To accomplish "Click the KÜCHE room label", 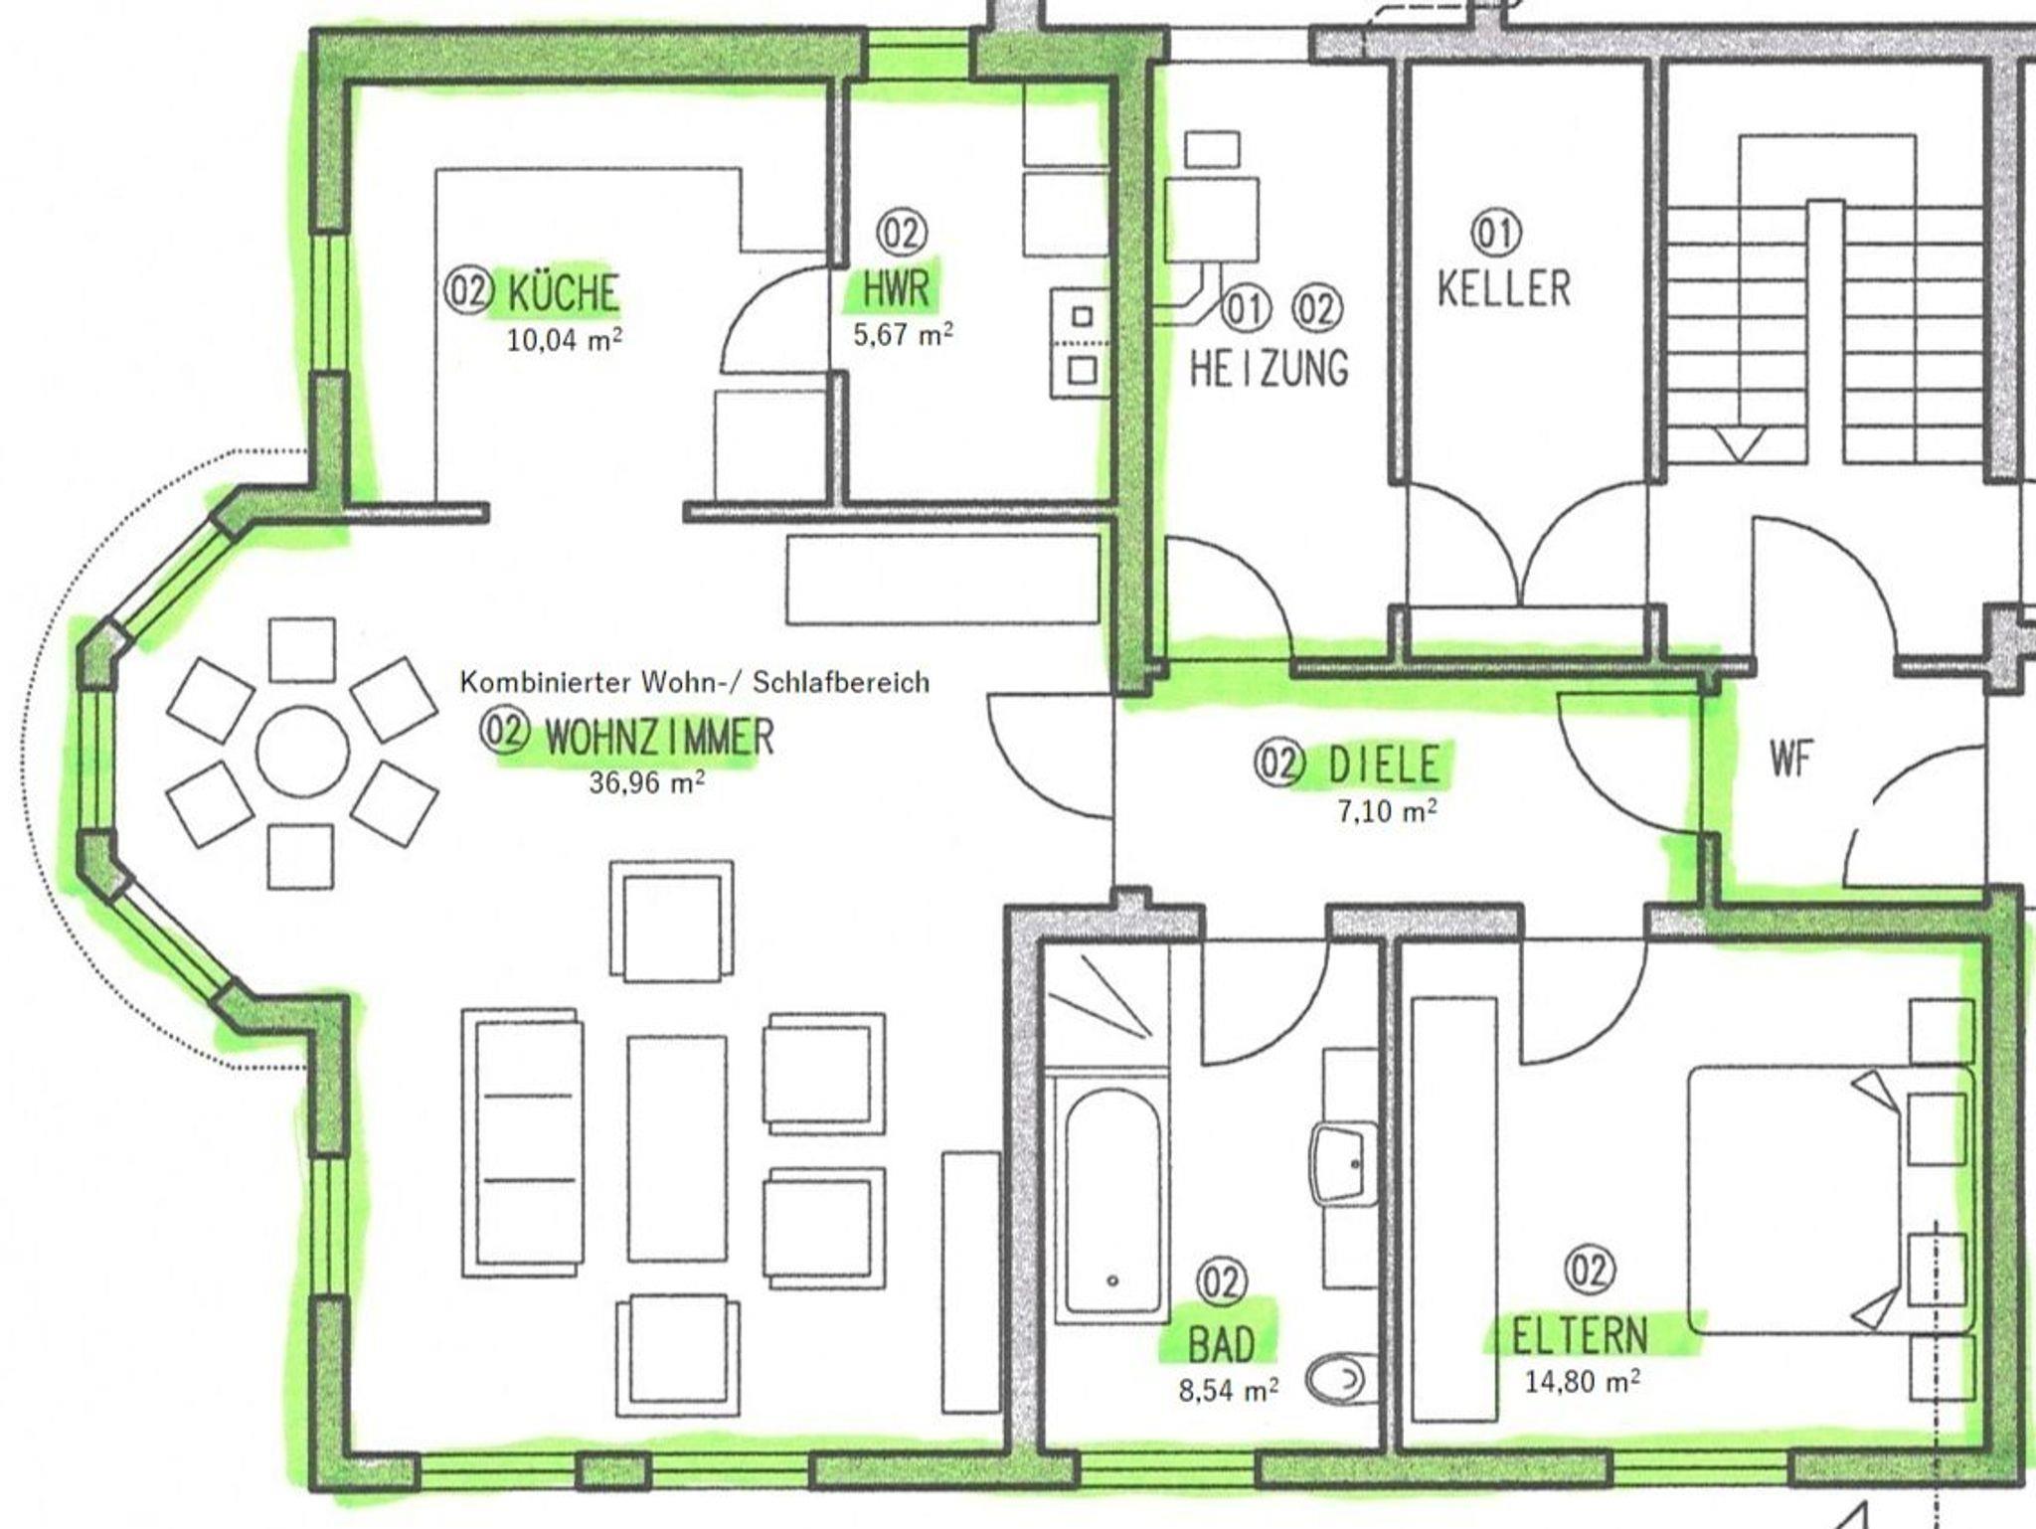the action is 563,293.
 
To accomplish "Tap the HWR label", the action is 895,289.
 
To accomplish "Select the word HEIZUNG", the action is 1269,369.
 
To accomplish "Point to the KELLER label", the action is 1503,289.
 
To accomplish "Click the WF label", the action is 1790,761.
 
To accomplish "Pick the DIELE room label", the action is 1384,764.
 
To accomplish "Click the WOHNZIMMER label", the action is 659,737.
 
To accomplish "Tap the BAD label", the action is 1222,1346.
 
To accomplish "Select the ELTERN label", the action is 1580,1336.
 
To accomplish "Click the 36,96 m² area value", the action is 647,782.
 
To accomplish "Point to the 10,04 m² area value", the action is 565,340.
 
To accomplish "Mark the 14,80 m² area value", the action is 1583,1381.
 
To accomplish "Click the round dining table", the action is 303,752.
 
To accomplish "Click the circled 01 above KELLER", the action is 1496,234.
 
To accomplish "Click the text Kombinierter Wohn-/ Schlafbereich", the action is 694,682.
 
